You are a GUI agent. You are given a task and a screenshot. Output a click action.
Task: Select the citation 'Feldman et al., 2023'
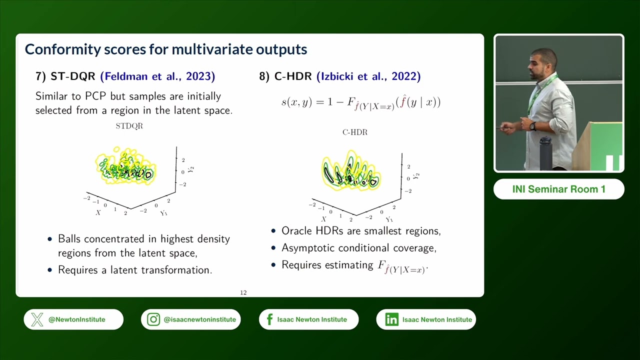tap(157, 76)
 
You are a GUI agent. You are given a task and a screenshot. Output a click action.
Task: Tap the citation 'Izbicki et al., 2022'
tap(368, 76)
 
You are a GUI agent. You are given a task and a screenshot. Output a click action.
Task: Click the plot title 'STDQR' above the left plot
tap(129, 126)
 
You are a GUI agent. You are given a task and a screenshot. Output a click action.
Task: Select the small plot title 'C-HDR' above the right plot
tap(354, 132)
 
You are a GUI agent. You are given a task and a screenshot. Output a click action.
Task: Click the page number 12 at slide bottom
tap(243, 292)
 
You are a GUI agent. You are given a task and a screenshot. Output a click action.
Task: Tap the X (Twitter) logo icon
tap(37, 319)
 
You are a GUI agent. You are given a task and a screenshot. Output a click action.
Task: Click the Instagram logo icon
tap(153, 319)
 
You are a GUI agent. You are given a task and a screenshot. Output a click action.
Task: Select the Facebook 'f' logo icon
tap(270, 319)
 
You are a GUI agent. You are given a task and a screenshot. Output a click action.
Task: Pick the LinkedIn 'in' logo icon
tap(391, 319)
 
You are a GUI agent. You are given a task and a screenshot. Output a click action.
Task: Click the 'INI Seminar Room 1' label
tap(558, 189)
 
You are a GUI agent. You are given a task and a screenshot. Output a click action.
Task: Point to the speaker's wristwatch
tap(533, 126)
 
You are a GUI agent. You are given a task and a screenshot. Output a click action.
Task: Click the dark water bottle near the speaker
tap(545, 153)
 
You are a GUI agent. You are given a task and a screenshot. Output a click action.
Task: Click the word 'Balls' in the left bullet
tap(70, 239)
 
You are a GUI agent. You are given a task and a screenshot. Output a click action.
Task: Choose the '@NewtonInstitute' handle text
tap(76, 319)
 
